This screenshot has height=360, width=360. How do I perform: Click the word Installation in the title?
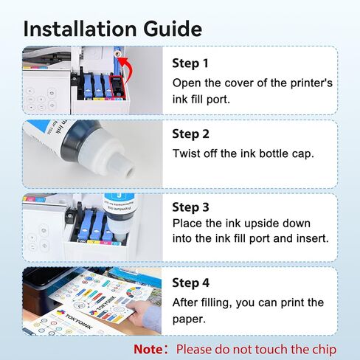point(80,29)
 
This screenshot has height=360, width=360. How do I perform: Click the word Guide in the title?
point(173,29)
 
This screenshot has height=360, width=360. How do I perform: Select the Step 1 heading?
point(190,63)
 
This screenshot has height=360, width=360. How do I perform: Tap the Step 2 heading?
point(190,134)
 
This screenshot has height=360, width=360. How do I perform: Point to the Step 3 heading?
point(190,207)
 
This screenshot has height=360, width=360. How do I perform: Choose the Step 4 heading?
point(190,283)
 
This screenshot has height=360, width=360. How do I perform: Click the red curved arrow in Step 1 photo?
point(128,69)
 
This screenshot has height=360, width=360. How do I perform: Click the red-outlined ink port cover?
point(117,87)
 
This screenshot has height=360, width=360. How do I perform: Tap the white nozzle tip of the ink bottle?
point(128,170)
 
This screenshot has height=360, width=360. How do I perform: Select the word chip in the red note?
point(324,350)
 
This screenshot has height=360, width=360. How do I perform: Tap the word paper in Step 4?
point(189,319)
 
